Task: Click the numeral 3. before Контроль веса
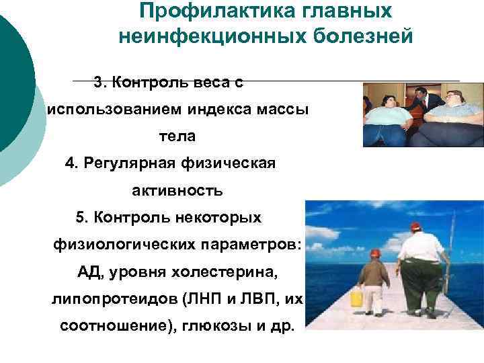point(101,83)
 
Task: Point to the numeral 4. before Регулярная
point(72,163)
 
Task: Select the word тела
point(177,136)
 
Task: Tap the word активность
point(177,191)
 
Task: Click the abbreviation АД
point(89,272)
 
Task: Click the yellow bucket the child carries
point(356,296)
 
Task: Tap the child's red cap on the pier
point(375,253)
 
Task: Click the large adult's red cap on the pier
point(415,227)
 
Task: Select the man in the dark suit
point(420,101)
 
